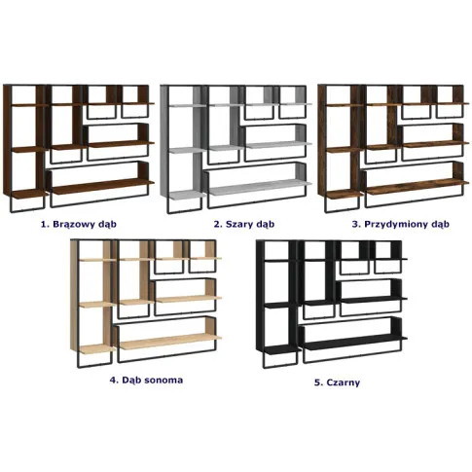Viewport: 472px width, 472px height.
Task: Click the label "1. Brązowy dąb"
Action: coord(79,224)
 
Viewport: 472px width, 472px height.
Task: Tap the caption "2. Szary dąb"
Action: coord(244,224)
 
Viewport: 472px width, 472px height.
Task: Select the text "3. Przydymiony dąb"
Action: coord(401,224)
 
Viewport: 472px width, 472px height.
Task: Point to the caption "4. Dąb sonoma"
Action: coord(146,380)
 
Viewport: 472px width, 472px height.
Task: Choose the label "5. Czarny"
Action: coord(337,382)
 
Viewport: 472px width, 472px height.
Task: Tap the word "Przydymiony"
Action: coord(398,224)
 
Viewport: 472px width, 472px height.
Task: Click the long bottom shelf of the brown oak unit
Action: coord(102,186)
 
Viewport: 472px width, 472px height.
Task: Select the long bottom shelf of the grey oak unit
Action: coord(260,187)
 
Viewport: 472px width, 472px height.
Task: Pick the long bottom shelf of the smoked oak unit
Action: coord(418,186)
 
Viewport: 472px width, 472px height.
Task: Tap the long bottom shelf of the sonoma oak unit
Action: coord(170,342)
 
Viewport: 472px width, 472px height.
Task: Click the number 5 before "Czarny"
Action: coord(317,382)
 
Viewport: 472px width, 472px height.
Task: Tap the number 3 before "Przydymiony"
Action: coord(355,224)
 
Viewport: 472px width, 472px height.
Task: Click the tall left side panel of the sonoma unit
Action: coord(74,296)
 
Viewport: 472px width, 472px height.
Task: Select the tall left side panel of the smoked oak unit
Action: coord(322,141)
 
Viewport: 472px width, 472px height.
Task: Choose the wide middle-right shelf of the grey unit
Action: coord(278,145)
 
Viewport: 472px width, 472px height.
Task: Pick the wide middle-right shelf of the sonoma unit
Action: coord(189,299)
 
